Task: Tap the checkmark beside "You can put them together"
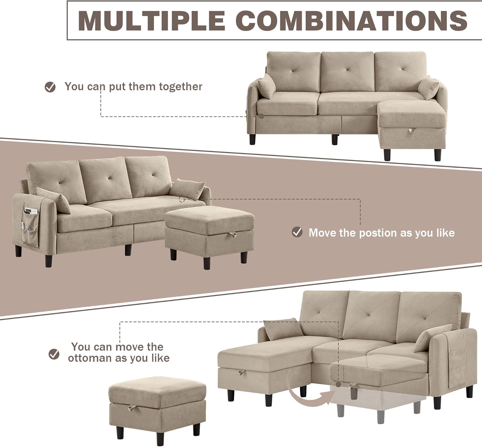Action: pos(50,87)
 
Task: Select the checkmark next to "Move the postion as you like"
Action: pos(297,232)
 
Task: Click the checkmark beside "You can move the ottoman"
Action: pos(54,354)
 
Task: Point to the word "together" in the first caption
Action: pos(181,87)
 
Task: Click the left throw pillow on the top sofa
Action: pos(266,86)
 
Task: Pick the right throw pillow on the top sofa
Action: pos(429,88)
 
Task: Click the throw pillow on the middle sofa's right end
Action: pos(187,189)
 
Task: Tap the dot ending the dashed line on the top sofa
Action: pos(261,116)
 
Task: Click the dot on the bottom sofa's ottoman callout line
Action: pos(338,385)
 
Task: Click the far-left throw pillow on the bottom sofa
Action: pos(283,329)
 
